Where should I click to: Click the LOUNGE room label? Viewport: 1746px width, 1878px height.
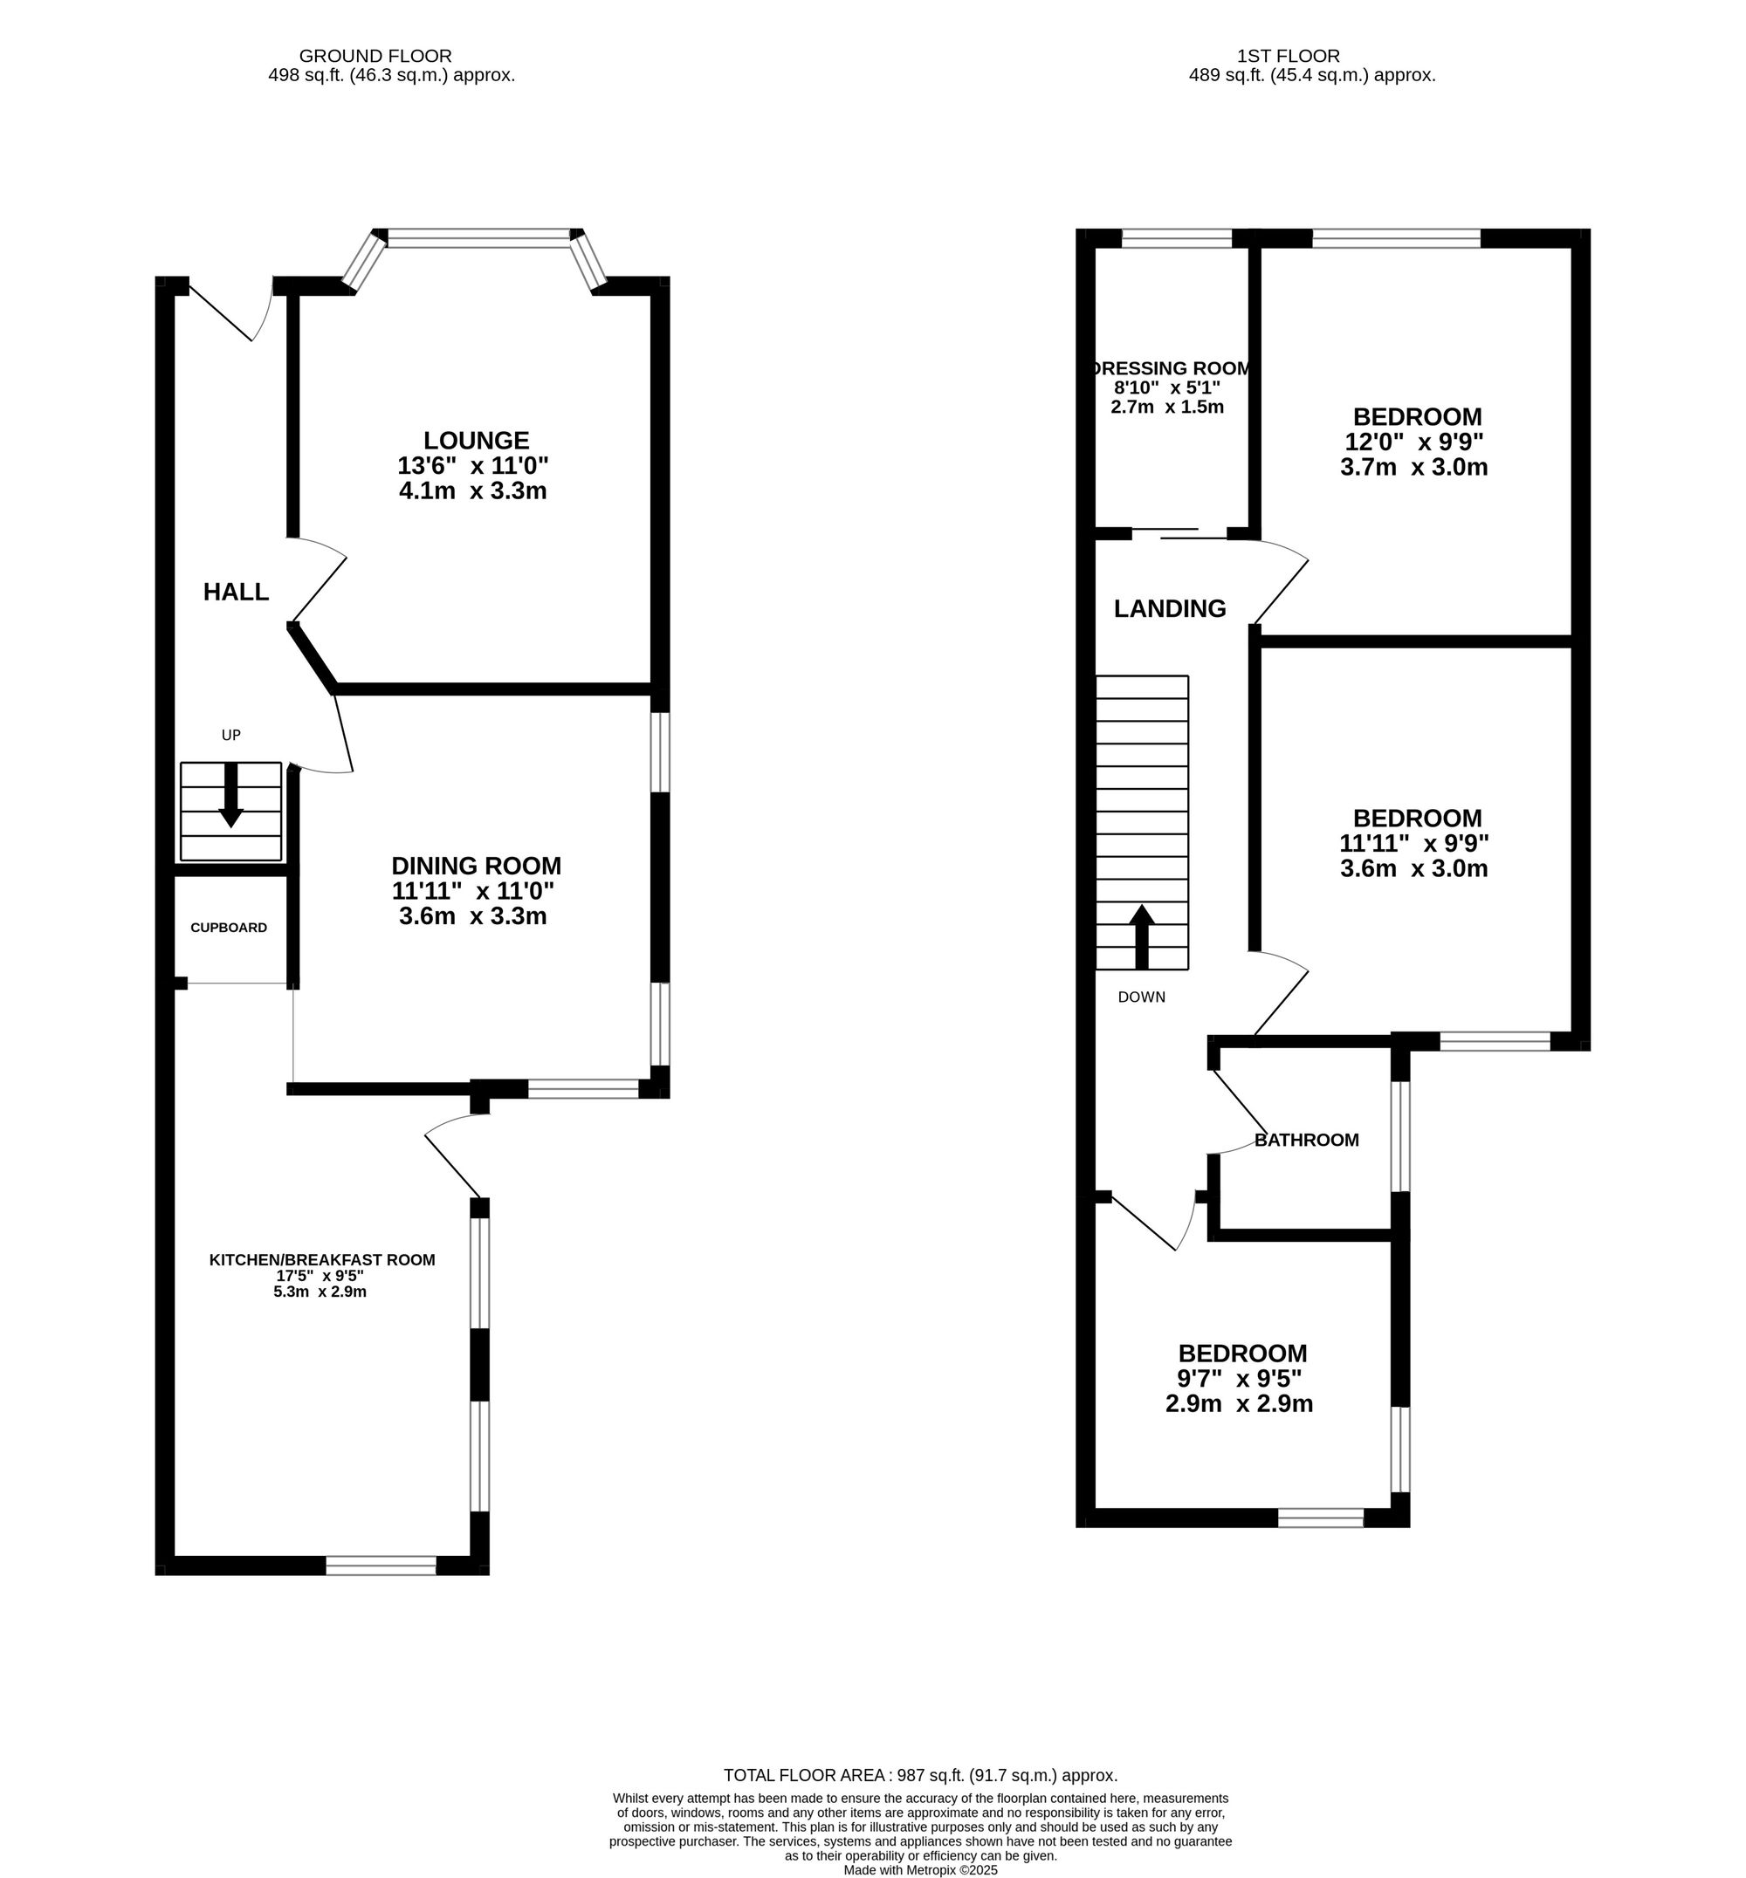pos(476,440)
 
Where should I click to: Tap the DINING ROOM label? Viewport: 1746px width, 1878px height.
pos(476,866)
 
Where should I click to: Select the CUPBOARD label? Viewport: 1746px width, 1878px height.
pos(229,928)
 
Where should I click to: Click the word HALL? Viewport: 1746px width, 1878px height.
pos(237,593)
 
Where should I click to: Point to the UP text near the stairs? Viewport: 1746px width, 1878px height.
pos(230,735)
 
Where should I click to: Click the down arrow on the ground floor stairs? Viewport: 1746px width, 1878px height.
pos(230,798)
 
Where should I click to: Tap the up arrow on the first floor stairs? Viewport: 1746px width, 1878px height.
pos(1141,936)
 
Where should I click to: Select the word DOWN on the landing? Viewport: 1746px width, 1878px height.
pos(1141,997)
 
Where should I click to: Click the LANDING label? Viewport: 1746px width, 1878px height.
pos(1170,609)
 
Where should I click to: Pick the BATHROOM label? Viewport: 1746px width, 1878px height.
pos(1306,1141)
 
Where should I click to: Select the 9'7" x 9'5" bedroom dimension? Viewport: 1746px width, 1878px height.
pos(1239,1378)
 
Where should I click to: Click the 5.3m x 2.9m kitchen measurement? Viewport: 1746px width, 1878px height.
pos(320,1292)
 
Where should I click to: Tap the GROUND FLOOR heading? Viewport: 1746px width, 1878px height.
pos(375,57)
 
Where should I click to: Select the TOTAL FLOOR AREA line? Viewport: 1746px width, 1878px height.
pos(920,1775)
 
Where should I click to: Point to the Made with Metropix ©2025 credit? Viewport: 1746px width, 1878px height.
pos(920,1869)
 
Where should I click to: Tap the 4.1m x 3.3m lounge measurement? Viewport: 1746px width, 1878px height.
pos(472,491)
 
